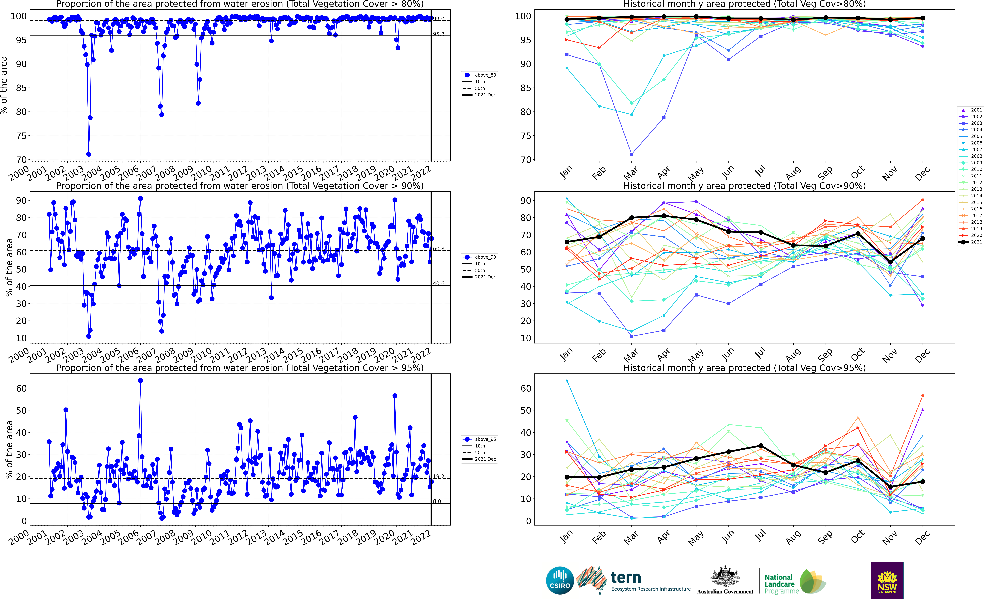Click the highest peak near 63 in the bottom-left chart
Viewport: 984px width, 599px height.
[140, 381]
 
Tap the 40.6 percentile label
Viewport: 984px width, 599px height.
[439, 283]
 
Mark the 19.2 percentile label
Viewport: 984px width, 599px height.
[439, 476]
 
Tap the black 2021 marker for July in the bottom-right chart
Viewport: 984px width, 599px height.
[761, 446]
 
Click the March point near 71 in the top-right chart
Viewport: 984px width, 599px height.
[631, 154]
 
